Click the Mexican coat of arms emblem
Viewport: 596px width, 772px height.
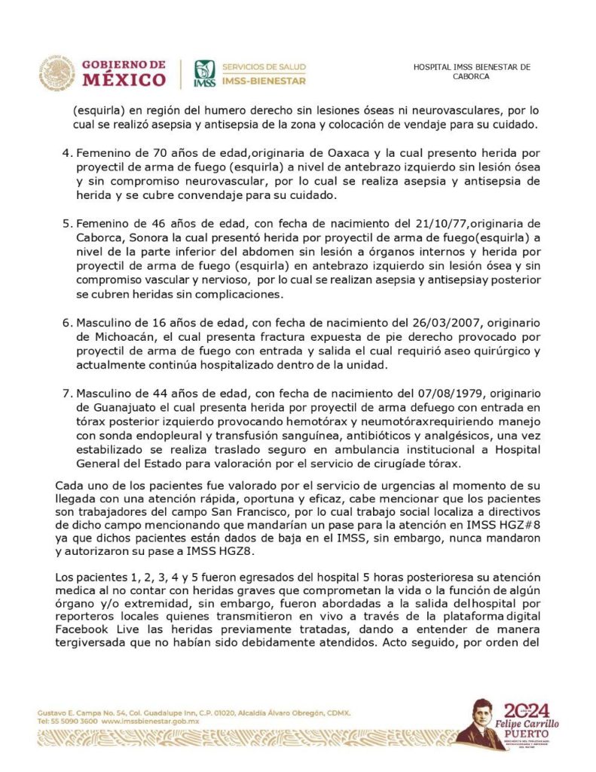(57, 73)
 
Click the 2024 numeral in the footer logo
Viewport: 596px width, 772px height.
(526, 709)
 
